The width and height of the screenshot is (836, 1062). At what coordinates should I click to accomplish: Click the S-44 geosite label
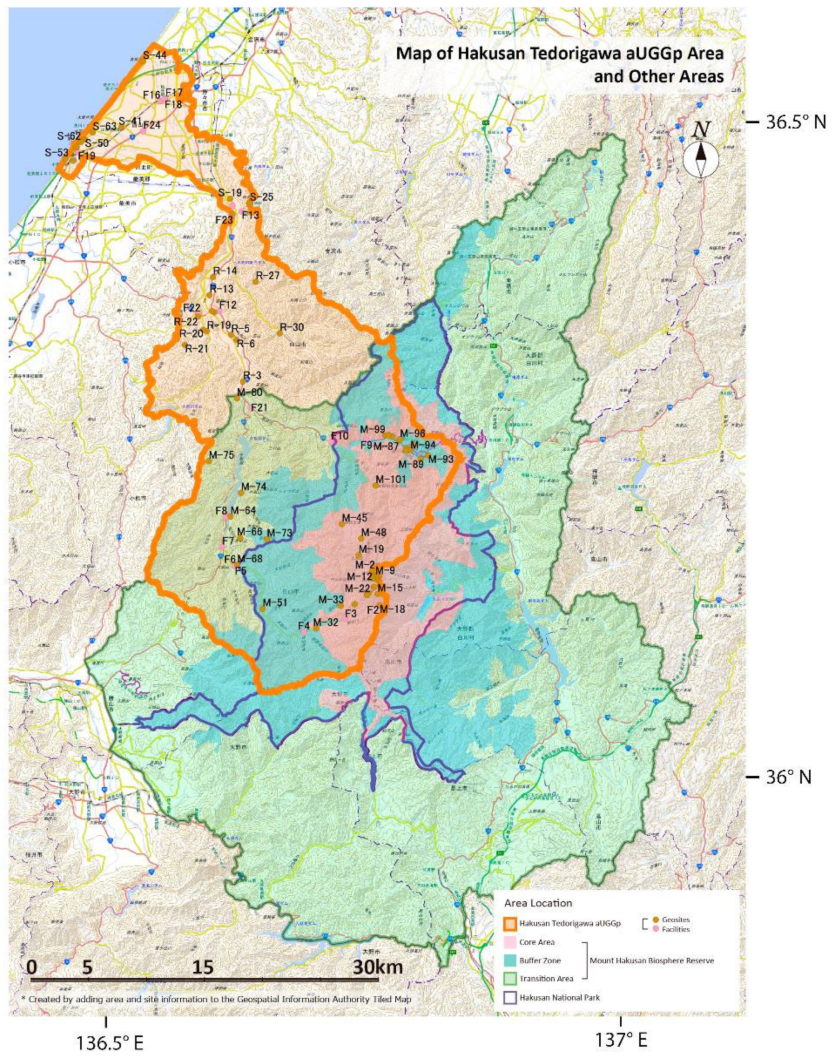155,55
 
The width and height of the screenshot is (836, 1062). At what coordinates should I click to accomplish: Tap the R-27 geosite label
268,275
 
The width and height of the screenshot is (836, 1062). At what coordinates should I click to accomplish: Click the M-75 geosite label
221,455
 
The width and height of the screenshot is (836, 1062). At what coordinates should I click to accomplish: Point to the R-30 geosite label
292,327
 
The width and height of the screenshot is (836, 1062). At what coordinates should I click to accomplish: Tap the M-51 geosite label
275,602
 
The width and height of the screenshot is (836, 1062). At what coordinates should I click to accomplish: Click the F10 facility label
340,436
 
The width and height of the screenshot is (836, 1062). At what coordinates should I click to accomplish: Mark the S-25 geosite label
261,197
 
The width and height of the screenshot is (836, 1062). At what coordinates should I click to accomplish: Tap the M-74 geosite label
254,487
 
